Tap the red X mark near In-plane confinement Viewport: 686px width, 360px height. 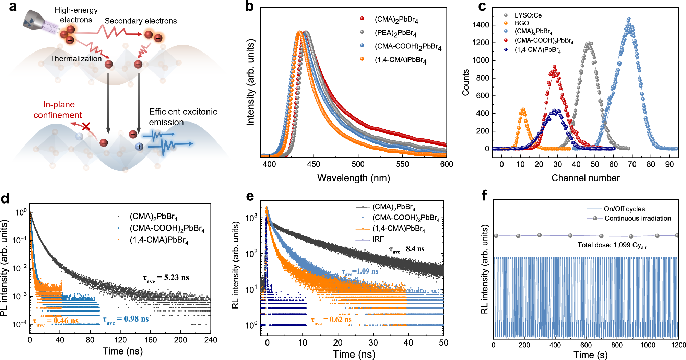pyautogui.click(x=86, y=127)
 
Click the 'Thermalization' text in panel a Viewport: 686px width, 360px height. pyautogui.click(x=76, y=59)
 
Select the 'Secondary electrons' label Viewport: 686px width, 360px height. pyautogui.click(x=141, y=21)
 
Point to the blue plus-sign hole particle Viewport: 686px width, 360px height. pyautogui.click(x=139, y=147)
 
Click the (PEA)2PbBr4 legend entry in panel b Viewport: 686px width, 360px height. pyautogui.click(x=395, y=33)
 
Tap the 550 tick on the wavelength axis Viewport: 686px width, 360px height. pyautogui.click(x=402, y=164)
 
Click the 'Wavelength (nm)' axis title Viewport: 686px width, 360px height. pyautogui.click(x=354, y=178)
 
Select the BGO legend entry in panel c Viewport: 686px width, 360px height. pyautogui.click(x=522, y=23)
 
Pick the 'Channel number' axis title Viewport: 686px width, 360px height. pyautogui.click(x=586, y=178)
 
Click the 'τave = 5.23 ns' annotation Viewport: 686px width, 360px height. pyautogui.click(x=166, y=278)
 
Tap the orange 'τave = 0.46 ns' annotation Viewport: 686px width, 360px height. pyautogui.click(x=56, y=321)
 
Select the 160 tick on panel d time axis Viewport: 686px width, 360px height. pyautogui.click(x=150, y=340)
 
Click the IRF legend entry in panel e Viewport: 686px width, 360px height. pyautogui.click(x=378, y=239)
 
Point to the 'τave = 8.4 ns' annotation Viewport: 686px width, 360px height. pyautogui.click(x=407, y=249)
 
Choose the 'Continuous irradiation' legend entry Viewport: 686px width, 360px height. pyautogui.click(x=637, y=218)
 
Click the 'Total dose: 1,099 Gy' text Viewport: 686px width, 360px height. pyautogui.click(x=612, y=245)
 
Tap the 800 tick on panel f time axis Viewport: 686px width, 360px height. pyautogui.click(x=617, y=345)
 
